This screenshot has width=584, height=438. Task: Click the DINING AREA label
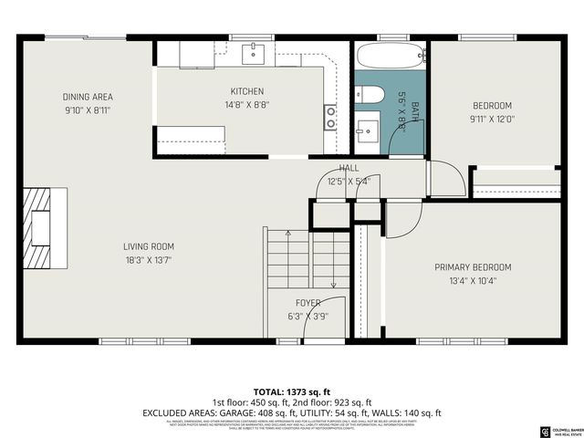click(x=88, y=97)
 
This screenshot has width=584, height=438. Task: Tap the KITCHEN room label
click(x=246, y=91)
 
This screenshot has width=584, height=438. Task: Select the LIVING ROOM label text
click(x=149, y=246)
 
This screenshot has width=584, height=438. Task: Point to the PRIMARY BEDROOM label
click(x=473, y=267)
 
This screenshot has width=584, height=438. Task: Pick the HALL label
click(x=349, y=169)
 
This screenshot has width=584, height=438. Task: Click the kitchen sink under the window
click(x=253, y=53)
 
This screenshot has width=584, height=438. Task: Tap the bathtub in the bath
click(x=390, y=56)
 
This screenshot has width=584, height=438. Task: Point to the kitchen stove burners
click(x=329, y=116)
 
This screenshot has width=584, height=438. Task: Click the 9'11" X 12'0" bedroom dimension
click(x=491, y=118)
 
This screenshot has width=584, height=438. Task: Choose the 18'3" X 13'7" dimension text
click(x=149, y=260)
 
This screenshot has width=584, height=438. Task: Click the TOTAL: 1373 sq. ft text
click(x=291, y=391)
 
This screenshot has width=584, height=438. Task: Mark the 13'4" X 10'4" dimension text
click(x=473, y=281)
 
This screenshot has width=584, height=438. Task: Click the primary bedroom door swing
click(x=402, y=221)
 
